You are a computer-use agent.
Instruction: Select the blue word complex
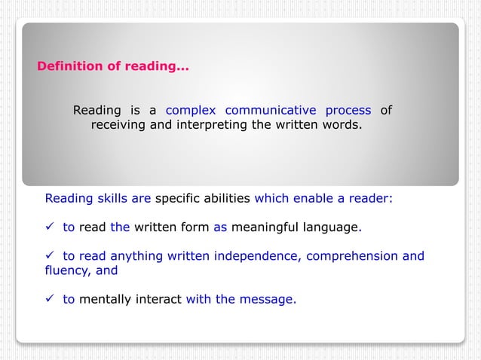pyautogui.click(x=191, y=111)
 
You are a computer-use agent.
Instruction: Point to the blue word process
pyautogui.click(x=348, y=111)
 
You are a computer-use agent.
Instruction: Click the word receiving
pyautogui.click(x=119, y=125)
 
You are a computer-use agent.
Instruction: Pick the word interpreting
pyautogui.click(x=211, y=125)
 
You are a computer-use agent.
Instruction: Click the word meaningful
pyautogui.click(x=265, y=226)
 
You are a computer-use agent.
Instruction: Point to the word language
pyautogui.click(x=331, y=226)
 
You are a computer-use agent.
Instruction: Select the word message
pyautogui.click(x=268, y=299)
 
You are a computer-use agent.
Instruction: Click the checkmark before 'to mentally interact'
pyautogui.click(x=51, y=299)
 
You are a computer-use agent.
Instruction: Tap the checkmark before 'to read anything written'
pyautogui.click(x=51, y=255)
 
